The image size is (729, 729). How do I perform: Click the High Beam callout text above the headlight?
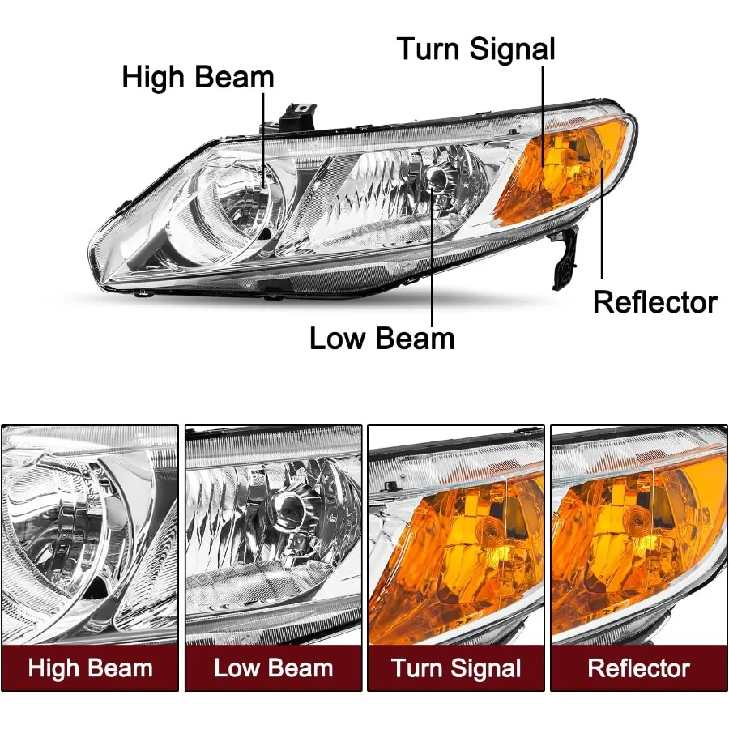click(198, 78)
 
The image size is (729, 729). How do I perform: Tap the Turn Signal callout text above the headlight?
click(475, 49)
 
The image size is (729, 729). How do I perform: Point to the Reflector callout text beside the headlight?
click(654, 302)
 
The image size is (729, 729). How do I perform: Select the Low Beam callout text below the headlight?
click(382, 338)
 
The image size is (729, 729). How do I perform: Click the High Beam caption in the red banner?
click(90, 668)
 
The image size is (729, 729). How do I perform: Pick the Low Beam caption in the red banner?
click(273, 668)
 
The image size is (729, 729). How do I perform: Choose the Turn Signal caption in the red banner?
click(456, 668)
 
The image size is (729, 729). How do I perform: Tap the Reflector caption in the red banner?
click(638, 668)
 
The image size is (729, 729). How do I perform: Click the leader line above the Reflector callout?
click(602, 219)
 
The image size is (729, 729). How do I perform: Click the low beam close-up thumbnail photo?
click(273, 535)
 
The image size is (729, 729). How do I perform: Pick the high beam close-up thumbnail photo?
click(90, 535)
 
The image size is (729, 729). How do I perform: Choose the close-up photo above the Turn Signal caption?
click(456, 535)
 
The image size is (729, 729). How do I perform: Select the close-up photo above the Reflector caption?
click(638, 535)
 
